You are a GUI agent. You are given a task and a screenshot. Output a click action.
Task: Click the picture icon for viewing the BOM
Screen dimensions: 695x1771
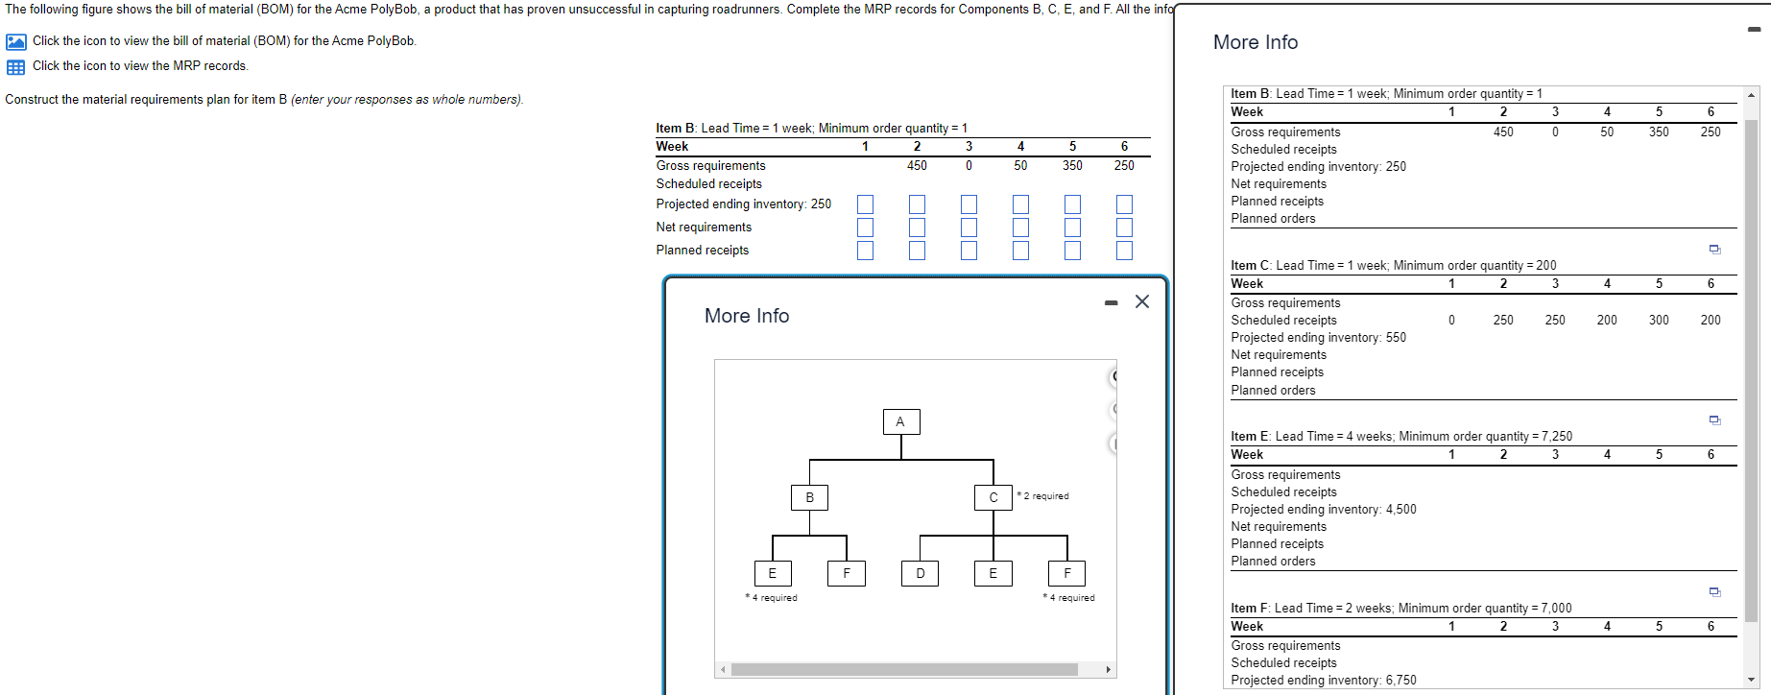click(15, 41)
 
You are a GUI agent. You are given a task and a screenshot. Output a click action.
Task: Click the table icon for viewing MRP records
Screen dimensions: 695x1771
click(15, 67)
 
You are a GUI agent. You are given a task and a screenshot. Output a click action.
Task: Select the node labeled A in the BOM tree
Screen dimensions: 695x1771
click(900, 421)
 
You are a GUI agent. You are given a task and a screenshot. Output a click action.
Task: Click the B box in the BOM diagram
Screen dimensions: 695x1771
click(809, 497)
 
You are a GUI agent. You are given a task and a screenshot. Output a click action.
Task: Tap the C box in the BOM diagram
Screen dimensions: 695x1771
click(993, 497)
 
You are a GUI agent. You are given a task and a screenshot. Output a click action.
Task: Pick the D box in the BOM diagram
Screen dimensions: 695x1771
click(920, 573)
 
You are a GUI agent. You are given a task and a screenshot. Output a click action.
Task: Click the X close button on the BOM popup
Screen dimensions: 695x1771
click(1141, 301)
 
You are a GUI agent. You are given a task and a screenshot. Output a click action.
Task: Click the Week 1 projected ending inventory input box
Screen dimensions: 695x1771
click(865, 204)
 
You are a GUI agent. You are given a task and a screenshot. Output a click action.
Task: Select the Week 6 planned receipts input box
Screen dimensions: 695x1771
click(1124, 251)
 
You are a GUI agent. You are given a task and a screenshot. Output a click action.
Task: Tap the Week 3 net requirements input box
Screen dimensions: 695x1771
click(969, 228)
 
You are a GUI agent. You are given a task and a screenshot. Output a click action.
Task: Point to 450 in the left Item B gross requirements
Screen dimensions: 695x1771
click(917, 165)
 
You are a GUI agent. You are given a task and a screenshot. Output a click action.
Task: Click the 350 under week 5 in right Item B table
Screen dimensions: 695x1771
click(1658, 132)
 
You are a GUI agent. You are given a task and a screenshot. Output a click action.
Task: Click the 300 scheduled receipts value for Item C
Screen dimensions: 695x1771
click(1658, 320)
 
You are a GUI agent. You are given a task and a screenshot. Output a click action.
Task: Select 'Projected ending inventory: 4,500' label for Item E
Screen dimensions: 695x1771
click(1323, 509)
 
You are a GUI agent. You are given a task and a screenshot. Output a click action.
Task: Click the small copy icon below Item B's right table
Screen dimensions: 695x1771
click(1714, 250)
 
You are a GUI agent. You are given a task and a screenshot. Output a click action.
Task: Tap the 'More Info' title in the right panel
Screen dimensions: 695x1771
click(1255, 42)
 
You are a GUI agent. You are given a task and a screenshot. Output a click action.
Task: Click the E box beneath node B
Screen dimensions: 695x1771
click(772, 573)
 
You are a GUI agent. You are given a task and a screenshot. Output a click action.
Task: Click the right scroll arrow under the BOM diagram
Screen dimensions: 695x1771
click(1108, 670)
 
